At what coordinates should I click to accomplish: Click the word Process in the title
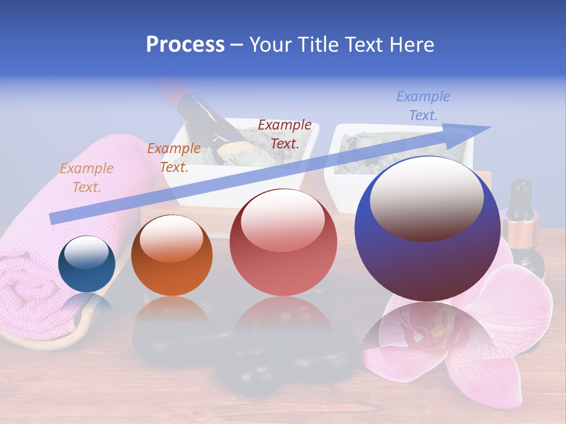(x=185, y=45)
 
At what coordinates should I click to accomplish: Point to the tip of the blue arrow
(x=490, y=127)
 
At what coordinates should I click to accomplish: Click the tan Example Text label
(x=87, y=178)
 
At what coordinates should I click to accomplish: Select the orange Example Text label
(x=174, y=158)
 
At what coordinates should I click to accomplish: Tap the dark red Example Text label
(x=285, y=134)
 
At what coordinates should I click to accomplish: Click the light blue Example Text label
(x=423, y=106)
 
